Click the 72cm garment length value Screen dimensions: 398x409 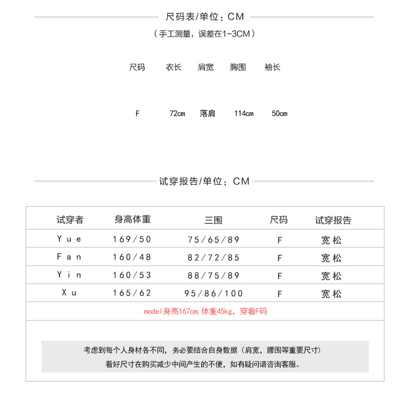pyautogui.click(x=177, y=113)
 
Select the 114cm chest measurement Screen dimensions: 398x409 pyautogui.click(x=244, y=113)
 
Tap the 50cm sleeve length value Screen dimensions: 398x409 pyautogui.click(x=279, y=113)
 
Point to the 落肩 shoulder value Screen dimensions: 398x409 pyautogui.click(x=207, y=113)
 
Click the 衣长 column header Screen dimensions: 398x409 pyautogui.click(x=173, y=68)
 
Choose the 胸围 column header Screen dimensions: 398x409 pyautogui.click(x=238, y=68)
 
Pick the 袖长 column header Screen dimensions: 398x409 pyautogui.click(x=272, y=68)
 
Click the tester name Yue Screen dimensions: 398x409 pyautogui.click(x=69, y=239)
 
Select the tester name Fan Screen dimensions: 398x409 pyautogui.click(x=69, y=257)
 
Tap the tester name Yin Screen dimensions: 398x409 pyautogui.click(x=69, y=275)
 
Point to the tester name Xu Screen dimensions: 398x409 pyautogui.click(x=69, y=293)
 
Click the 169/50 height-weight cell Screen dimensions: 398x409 pyautogui.click(x=132, y=239)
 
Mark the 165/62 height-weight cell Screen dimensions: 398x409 pyautogui.click(x=132, y=293)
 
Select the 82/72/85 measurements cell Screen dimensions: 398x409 pyautogui.click(x=213, y=257)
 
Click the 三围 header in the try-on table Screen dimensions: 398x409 pyautogui.click(x=213, y=220)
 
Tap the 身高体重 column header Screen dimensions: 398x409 pyautogui.click(x=133, y=220)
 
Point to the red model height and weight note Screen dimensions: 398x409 pyautogui.click(x=205, y=311)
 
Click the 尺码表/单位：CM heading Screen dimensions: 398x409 pyautogui.click(x=204, y=17)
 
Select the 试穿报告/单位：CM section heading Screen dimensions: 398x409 pyautogui.click(x=204, y=181)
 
